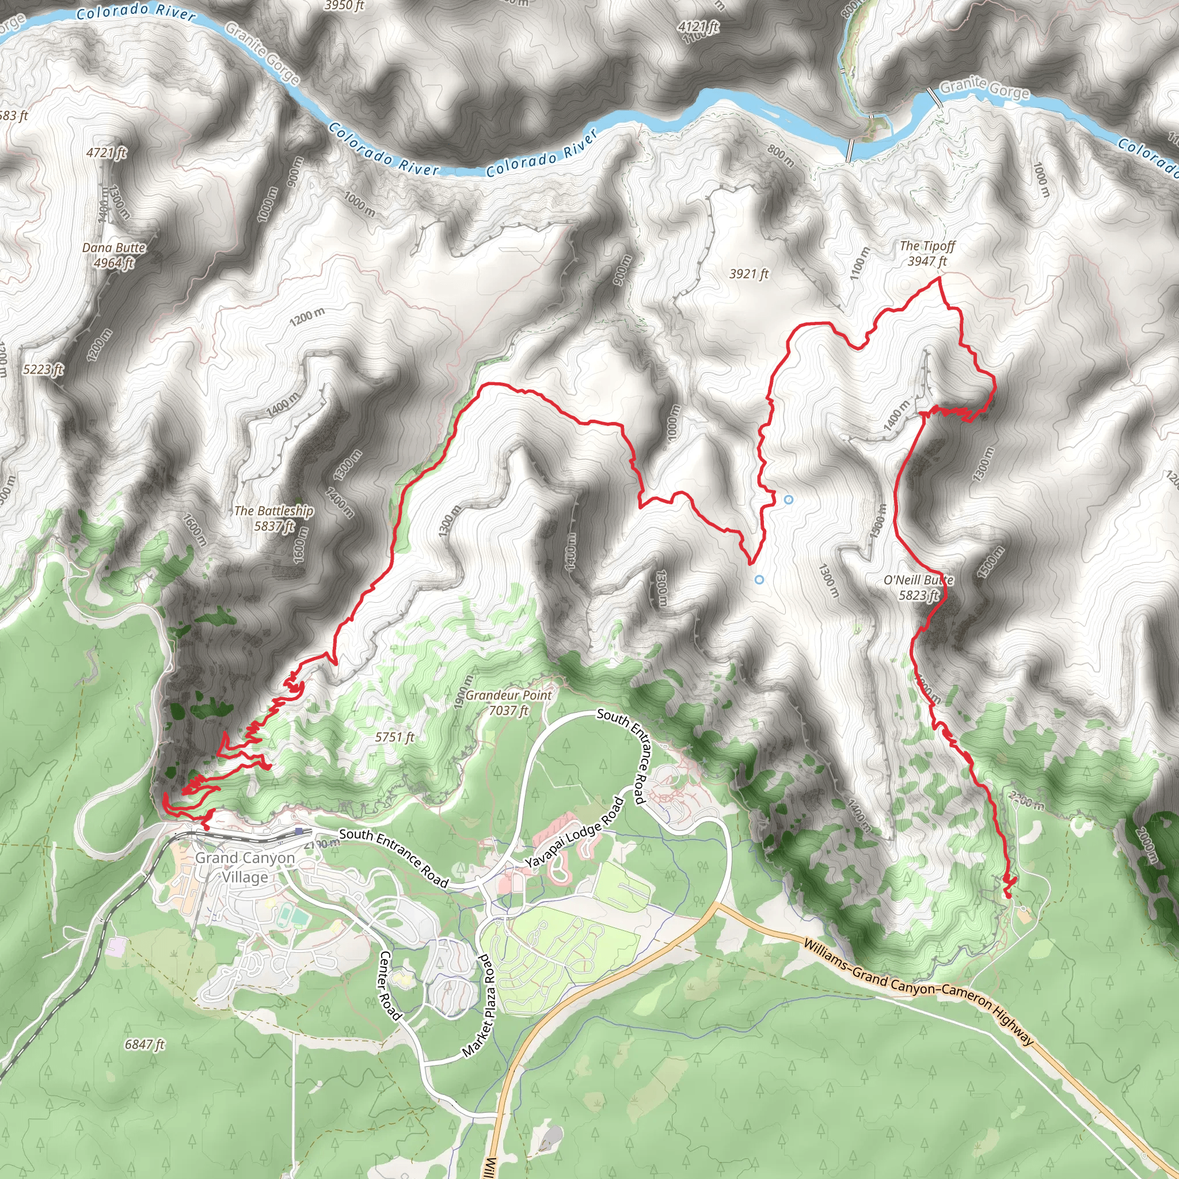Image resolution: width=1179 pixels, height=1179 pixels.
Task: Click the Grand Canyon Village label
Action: pyautogui.click(x=245, y=867)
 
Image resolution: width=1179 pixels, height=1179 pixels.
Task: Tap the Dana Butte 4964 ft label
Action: pyautogui.click(x=114, y=255)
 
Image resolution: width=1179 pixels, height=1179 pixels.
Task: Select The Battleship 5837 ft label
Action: pyautogui.click(x=274, y=518)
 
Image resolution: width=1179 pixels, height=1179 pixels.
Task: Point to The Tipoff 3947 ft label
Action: pyautogui.click(x=927, y=253)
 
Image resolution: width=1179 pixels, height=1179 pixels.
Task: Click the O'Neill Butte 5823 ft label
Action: pyautogui.click(x=918, y=587)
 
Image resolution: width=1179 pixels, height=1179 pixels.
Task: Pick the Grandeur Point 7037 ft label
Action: pyautogui.click(x=508, y=702)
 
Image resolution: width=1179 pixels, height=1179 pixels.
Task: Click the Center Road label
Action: pyautogui.click(x=390, y=985)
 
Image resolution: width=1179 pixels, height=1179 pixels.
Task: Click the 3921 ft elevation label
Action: pyautogui.click(x=749, y=274)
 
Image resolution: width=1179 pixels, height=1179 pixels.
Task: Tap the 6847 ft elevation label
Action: pyautogui.click(x=144, y=1044)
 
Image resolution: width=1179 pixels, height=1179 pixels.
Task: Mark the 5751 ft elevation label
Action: pyautogui.click(x=395, y=737)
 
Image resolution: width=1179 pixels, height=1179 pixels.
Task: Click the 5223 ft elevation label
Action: pyautogui.click(x=43, y=369)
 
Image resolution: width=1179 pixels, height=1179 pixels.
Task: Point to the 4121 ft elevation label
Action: pyautogui.click(x=699, y=27)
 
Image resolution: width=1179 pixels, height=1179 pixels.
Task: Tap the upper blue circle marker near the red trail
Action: pyautogui.click(x=789, y=499)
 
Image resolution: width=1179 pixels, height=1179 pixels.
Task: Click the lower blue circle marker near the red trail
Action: pyautogui.click(x=759, y=580)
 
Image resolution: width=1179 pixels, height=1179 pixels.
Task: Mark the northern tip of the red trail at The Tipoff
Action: pyautogui.click(x=938, y=277)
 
